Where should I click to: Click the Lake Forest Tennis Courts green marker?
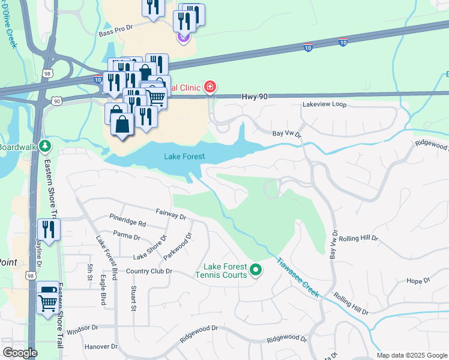coord(256,270)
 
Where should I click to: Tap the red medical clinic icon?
coord(209,88)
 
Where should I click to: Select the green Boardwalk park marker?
coord(46,146)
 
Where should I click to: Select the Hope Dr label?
coord(418,280)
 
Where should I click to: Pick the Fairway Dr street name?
coord(171,213)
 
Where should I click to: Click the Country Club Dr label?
coord(149,271)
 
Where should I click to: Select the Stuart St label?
coord(133,298)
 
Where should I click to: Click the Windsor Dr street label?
coord(82,328)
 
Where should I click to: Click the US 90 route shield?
coord(56,101)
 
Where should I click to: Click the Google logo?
coord(20,353)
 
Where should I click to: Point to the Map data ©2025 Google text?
coord(411,355)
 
